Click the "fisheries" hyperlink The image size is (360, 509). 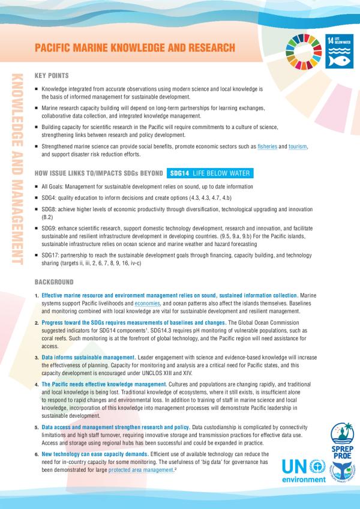(271, 147)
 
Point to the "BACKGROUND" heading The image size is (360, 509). (54, 282)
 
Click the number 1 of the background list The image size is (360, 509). (37, 297)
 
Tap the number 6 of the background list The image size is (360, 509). (37, 455)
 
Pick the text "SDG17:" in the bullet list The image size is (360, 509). (51, 255)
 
